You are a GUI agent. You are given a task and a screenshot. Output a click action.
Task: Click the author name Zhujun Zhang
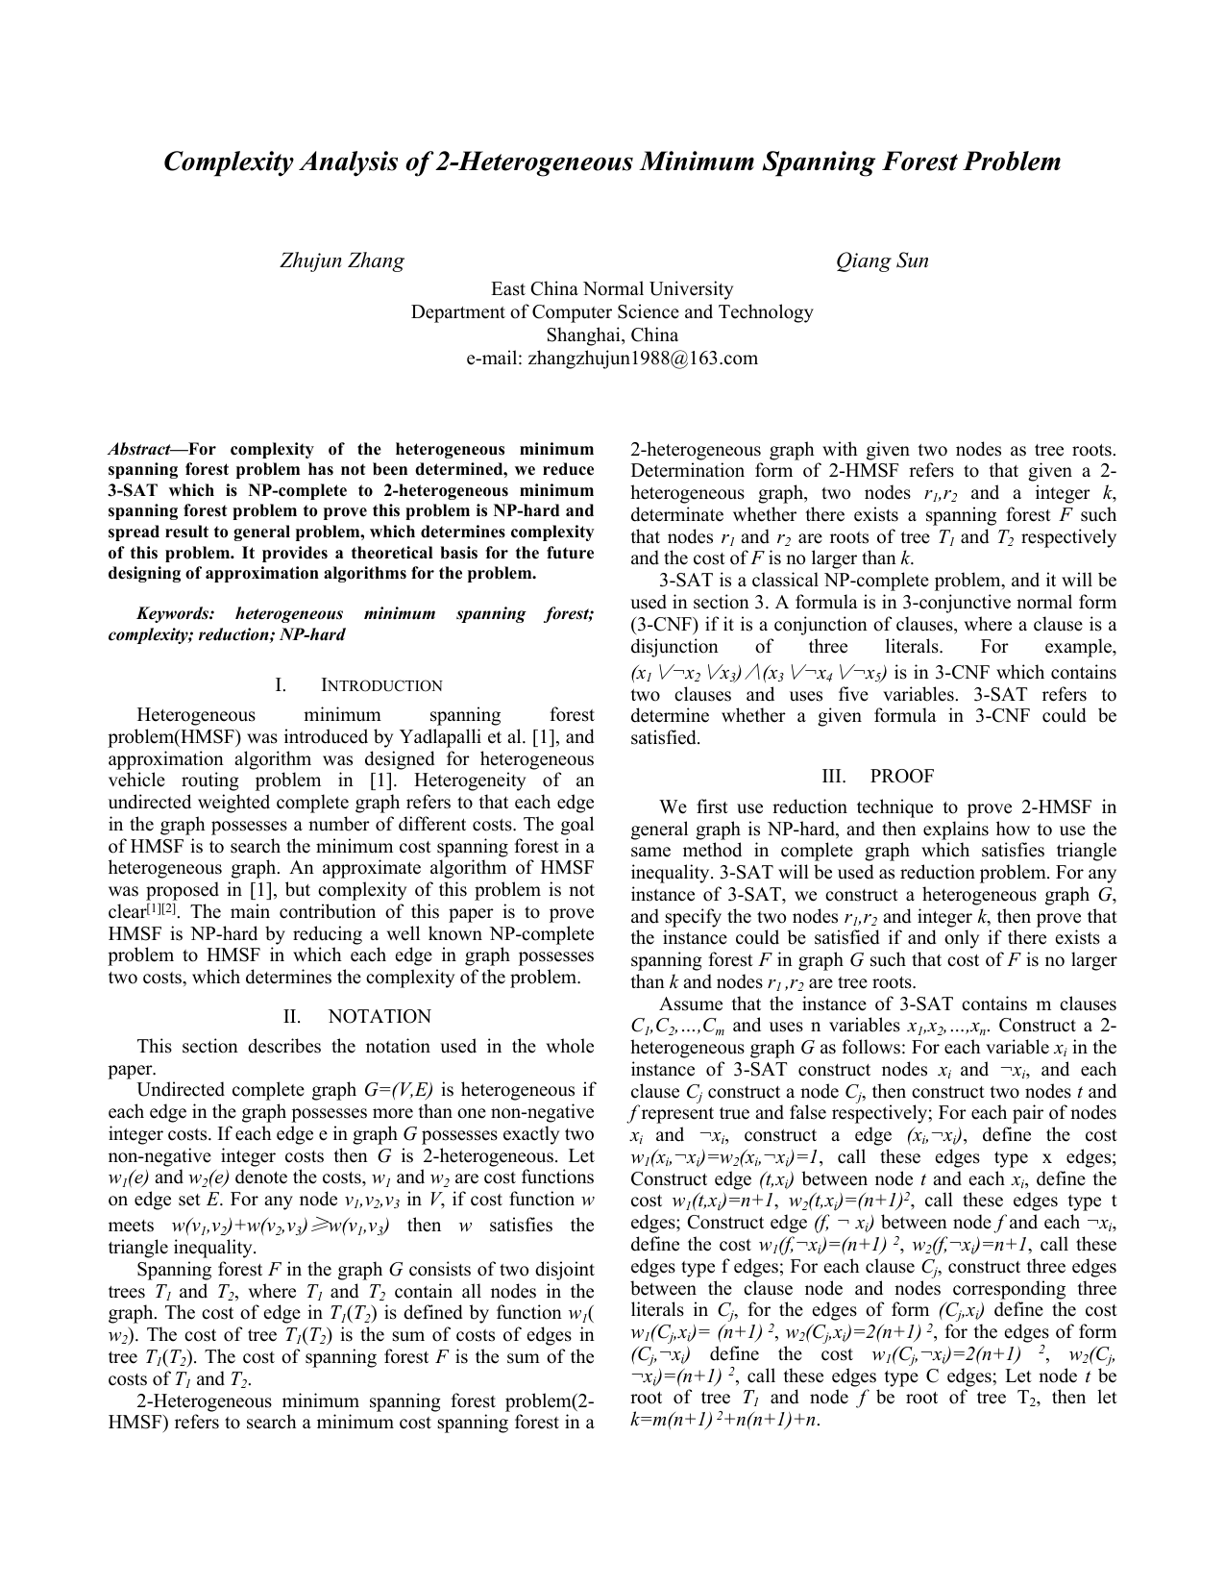341,260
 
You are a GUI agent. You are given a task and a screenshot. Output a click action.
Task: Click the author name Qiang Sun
882,260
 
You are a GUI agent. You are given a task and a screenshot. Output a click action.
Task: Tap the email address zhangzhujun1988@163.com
612,359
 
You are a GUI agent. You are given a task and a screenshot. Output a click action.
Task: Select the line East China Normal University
612,289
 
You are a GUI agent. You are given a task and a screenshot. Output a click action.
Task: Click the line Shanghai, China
612,335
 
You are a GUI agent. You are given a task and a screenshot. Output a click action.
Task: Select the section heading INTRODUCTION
381,685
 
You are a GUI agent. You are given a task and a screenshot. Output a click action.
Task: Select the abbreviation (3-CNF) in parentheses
667,625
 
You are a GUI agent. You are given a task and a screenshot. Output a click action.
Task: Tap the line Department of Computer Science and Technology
612,312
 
